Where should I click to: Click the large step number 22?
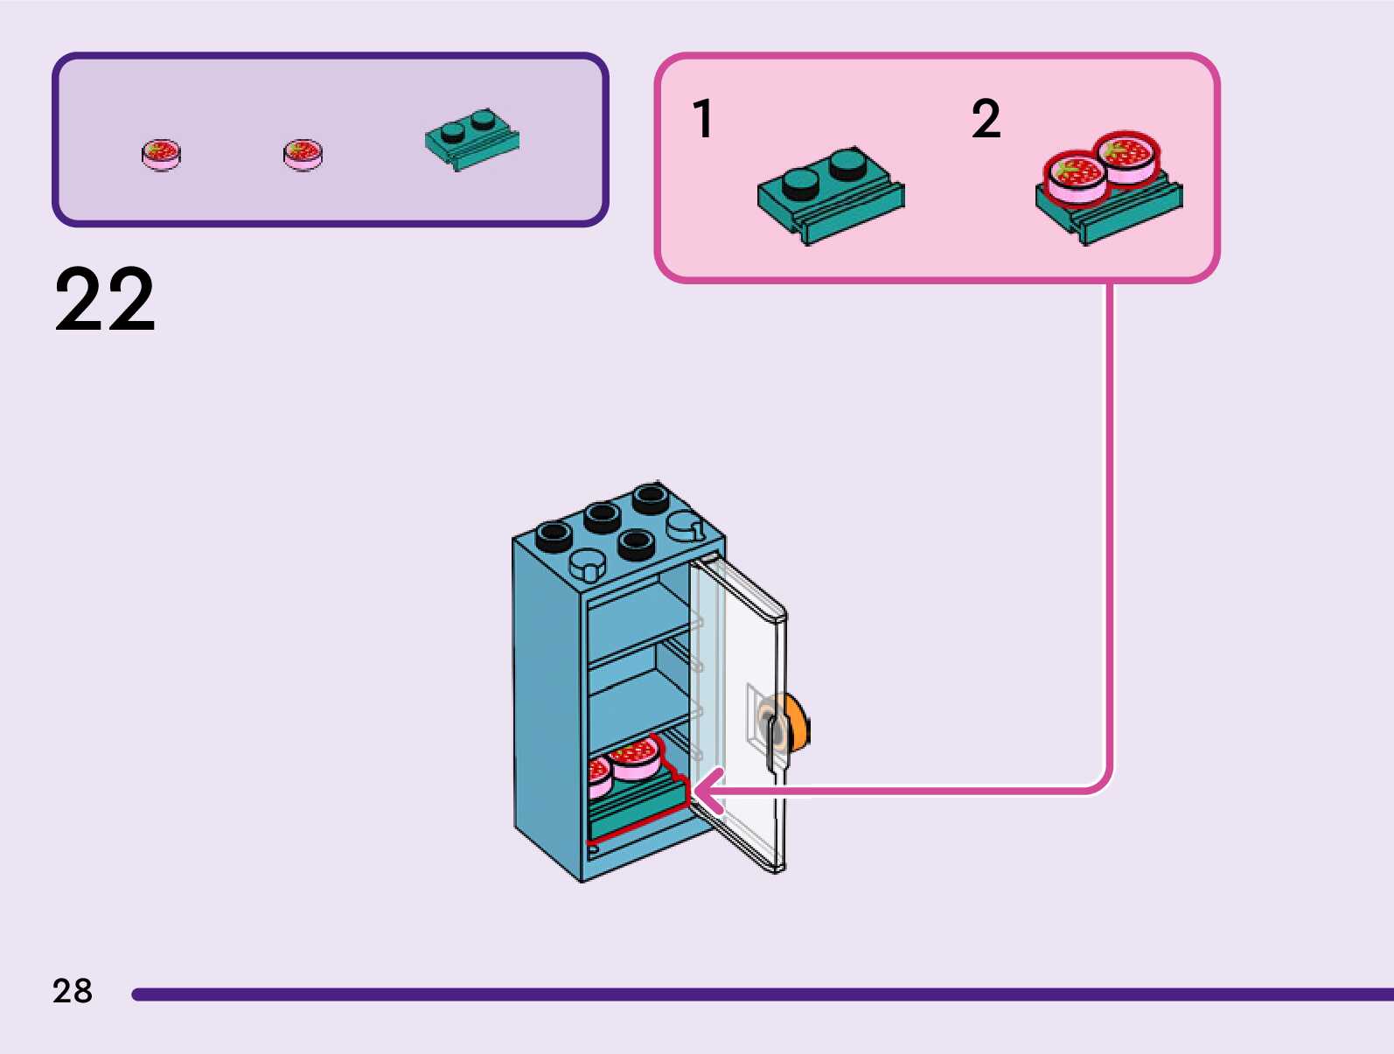point(105,300)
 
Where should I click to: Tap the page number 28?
point(73,991)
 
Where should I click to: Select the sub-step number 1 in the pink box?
point(703,119)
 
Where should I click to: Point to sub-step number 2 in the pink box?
point(986,119)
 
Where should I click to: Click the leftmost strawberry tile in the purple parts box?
point(161,154)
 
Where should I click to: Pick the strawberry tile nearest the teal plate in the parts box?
point(303,154)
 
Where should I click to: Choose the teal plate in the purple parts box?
point(471,140)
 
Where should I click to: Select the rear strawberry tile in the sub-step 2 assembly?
point(1127,156)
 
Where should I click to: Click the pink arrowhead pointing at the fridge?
point(707,792)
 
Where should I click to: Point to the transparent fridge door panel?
point(743,665)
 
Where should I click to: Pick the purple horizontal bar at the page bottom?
point(761,995)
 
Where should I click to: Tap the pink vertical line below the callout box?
point(1110,525)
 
